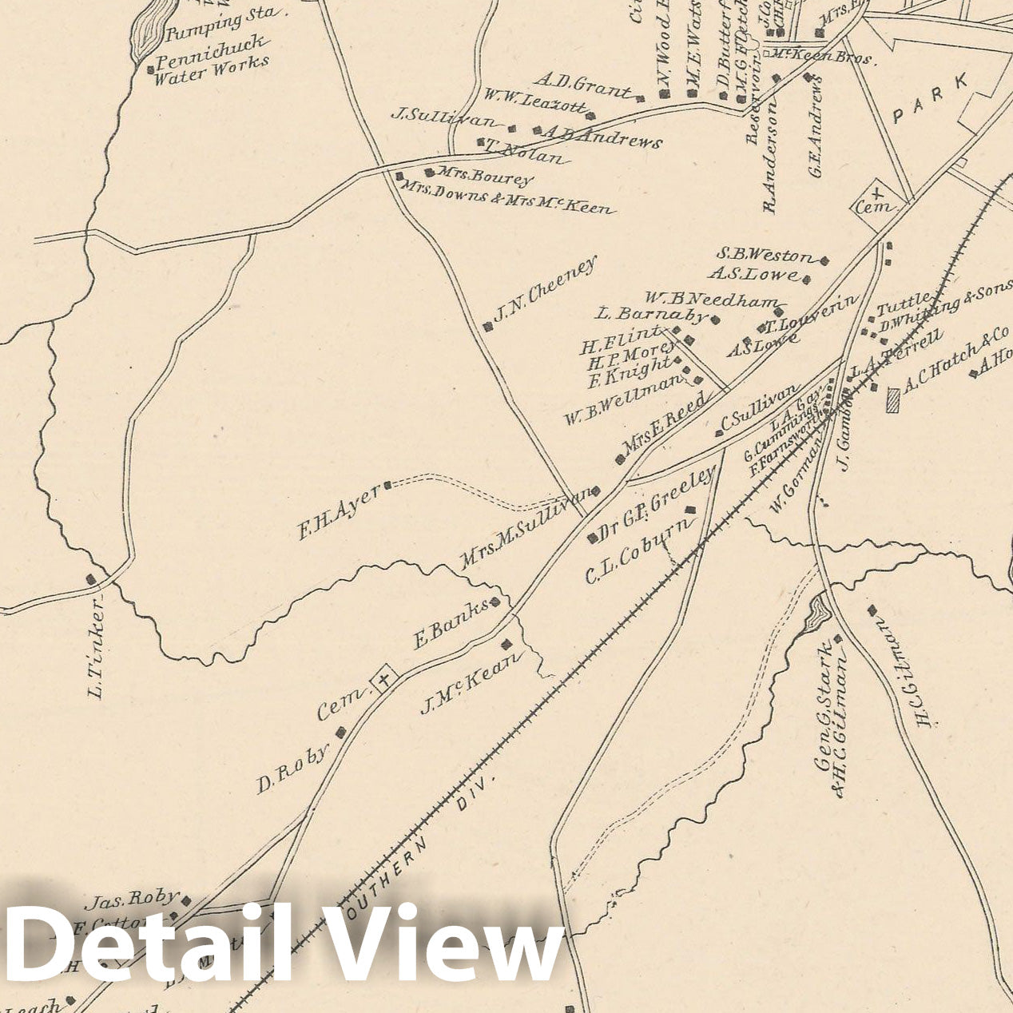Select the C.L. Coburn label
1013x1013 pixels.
[x=638, y=550]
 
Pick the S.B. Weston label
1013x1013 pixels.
[x=765, y=256]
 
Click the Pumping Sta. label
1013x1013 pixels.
[x=223, y=24]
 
